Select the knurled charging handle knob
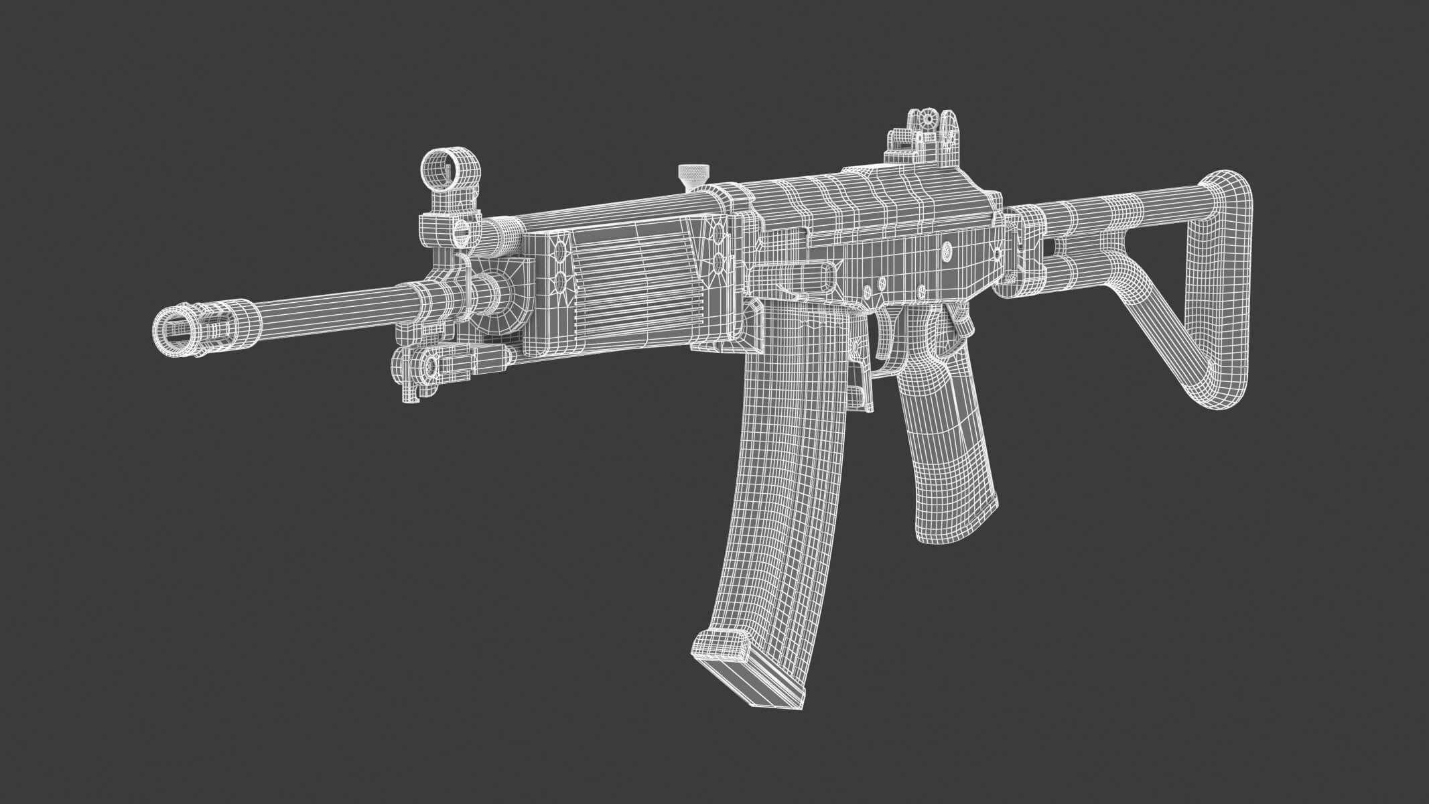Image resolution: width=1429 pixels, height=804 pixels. pyautogui.click(x=690, y=176)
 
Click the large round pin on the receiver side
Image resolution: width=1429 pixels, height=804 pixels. pyautogui.click(x=947, y=251)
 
